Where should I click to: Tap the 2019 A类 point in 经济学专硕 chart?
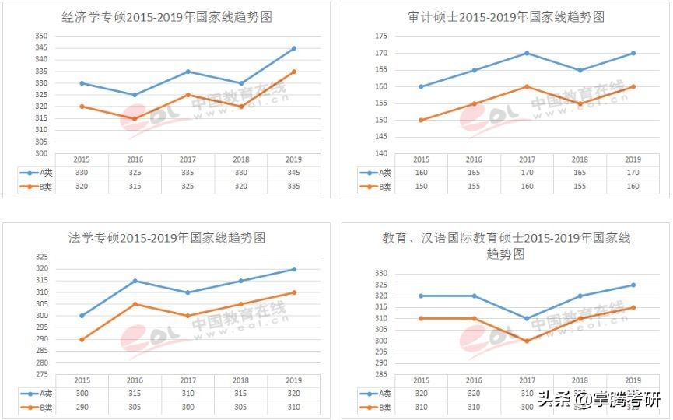coord(294,48)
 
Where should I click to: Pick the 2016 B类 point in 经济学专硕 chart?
coord(135,119)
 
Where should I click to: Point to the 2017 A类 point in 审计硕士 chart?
coord(527,53)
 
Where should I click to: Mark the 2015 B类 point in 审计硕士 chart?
coord(421,120)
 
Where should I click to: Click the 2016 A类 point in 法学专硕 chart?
coord(135,281)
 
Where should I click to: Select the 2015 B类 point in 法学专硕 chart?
coord(82,339)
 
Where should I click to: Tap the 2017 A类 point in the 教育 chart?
coord(527,318)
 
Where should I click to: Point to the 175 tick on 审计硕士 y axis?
coord(380,37)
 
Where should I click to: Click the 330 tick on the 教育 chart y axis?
coord(380,274)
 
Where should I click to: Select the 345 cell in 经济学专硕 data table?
coord(293,173)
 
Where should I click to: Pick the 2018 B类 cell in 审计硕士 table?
coord(580,187)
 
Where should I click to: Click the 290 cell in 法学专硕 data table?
coord(82,408)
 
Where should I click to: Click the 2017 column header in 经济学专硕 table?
coord(188,159)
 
